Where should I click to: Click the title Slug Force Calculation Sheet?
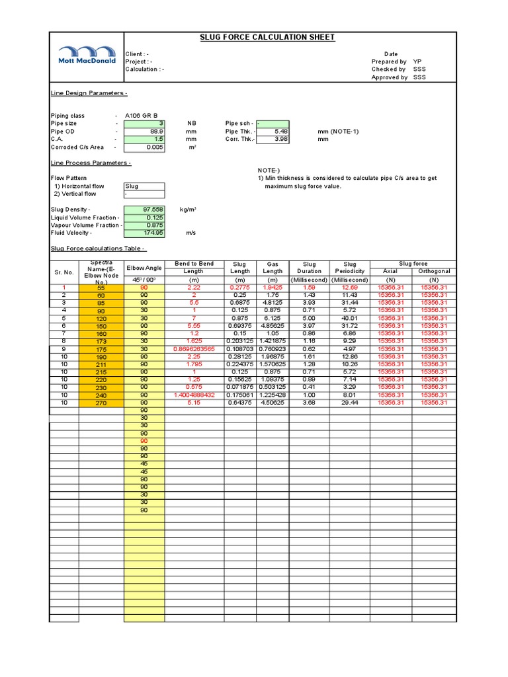point(267,37)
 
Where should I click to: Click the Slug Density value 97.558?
point(152,209)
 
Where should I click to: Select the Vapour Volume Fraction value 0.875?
point(153,225)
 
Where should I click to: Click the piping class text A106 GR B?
point(141,116)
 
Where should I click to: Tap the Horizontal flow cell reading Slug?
point(132,186)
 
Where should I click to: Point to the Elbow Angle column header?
point(144,268)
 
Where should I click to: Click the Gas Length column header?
point(273,267)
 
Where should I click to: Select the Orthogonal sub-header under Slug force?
point(435,271)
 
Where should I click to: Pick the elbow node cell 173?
point(101,341)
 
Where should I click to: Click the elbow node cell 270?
point(101,403)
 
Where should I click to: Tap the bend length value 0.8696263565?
point(194,349)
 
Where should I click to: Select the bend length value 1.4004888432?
point(194,395)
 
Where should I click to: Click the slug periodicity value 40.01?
point(349,318)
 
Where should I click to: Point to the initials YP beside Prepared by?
point(417,61)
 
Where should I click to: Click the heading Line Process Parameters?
point(91,163)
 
